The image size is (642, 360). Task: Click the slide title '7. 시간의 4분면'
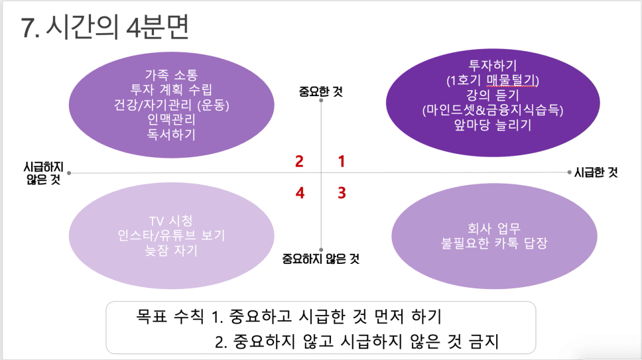pyautogui.click(x=105, y=27)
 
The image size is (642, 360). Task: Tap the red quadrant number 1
pyautogui.click(x=342, y=161)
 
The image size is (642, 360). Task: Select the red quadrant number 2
pyautogui.click(x=299, y=161)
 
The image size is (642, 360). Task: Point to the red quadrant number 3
pyautogui.click(x=342, y=193)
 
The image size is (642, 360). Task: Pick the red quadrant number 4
pyautogui.click(x=300, y=193)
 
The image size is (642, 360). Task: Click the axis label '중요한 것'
pyautogui.click(x=320, y=91)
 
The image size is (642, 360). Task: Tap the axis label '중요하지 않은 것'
pyautogui.click(x=320, y=259)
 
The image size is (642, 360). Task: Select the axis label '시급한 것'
pyautogui.click(x=596, y=172)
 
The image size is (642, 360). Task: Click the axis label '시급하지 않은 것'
pyautogui.click(x=44, y=173)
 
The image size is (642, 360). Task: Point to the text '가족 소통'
pyautogui.click(x=172, y=75)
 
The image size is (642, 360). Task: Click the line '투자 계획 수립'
pyautogui.click(x=171, y=90)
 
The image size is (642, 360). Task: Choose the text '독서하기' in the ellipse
pyautogui.click(x=171, y=134)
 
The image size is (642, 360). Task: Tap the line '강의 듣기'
pyautogui.click(x=493, y=95)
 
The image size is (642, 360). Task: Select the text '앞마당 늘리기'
pyautogui.click(x=493, y=125)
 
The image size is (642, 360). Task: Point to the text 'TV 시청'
pyautogui.click(x=171, y=221)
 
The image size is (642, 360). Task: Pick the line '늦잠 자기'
pyautogui.click(x=171, y=251)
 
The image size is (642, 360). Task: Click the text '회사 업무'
pyautogui.click(x=494, y=228)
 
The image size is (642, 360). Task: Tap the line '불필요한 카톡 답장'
pyautogui.click(x=494, y=243)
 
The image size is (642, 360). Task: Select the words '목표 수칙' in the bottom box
pyautogui.click(x=170, y=316)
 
